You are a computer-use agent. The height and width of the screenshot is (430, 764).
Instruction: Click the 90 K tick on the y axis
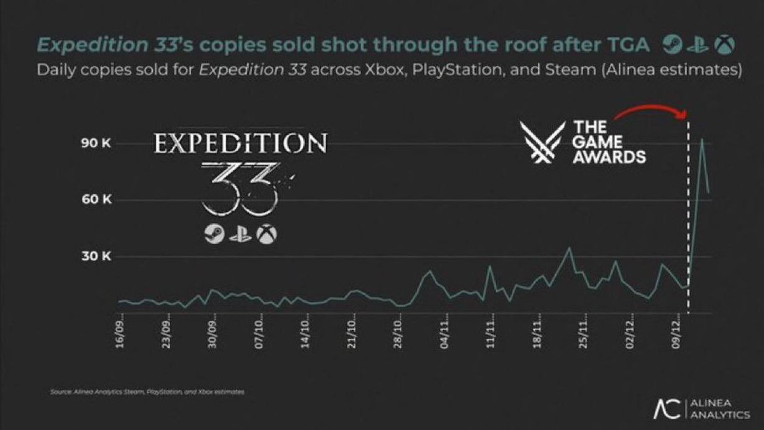pyautogui.click(x=97, y=144)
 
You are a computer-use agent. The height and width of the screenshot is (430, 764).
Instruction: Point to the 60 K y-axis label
pyautogui.click(x=97, y=200)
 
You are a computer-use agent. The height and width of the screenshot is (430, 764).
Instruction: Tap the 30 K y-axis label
pyautogui.click(x=97, y=257)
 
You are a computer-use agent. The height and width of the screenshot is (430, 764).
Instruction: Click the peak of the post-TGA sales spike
pyautogui.click(x=702, y=139)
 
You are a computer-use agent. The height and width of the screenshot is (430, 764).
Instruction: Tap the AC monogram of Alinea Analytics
pyautogui.click(x=667, y=409)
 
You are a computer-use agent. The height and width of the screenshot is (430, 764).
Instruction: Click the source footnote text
pyautogui.click(x=146, y=392)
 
